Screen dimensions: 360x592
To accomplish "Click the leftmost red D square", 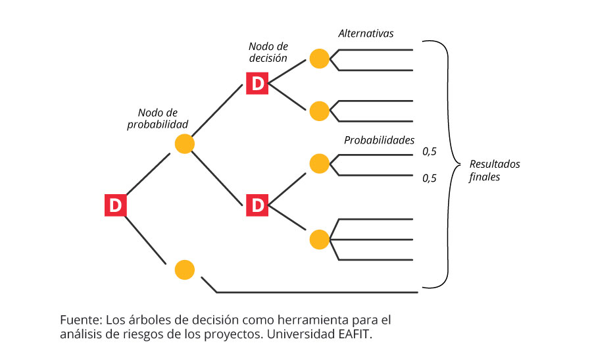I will click(x=116, y=205).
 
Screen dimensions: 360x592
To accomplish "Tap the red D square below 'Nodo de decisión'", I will click(x=258, y=83).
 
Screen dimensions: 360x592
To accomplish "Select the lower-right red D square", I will click(x=258, y=205).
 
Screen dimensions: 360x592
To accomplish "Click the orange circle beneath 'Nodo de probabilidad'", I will click(x=184, y=143).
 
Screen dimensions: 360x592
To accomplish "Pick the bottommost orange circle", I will click(x=185, y=269).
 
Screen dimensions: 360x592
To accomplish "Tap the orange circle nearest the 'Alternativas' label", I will click(x=319, y=59).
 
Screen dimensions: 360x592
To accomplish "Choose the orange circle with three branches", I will click(x=319, y=239).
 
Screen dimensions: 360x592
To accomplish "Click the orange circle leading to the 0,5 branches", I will click(x=319, y=164).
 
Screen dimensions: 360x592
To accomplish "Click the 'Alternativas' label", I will click(x=366, y=33).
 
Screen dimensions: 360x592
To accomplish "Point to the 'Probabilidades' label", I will click(x=379, y=140).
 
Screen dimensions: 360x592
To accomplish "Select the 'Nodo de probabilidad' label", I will click(x=158, y=118).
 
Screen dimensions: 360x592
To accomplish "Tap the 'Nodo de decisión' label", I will click(x=268, y=52).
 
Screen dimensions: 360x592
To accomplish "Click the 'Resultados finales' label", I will click(x=494, y=170).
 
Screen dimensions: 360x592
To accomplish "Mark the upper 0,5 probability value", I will click(x=430, y=152).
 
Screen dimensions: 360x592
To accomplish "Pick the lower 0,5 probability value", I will click(x=430, y=177).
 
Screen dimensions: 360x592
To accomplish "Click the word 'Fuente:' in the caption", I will click(x=80, y=320).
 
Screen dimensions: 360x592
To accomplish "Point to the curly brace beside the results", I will click(x=450, y=164).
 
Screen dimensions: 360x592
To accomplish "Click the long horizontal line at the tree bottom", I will click(x=316, y=292).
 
